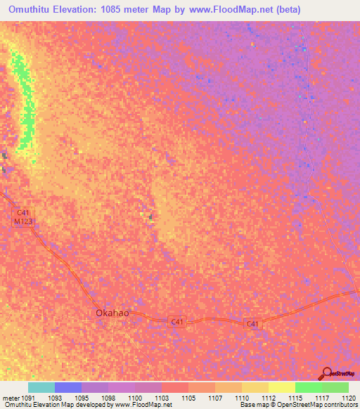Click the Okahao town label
coord(112,313)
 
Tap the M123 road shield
coord(23,221)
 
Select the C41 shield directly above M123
coord(23,212)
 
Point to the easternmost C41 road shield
coord(253,324)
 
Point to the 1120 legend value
coord(347,398)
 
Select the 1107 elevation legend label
coord(221,398)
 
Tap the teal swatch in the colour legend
coord(41,387)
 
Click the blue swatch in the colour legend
coord(67,387)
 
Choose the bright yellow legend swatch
coord(281,387)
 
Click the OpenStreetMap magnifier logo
coord(328,373)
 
